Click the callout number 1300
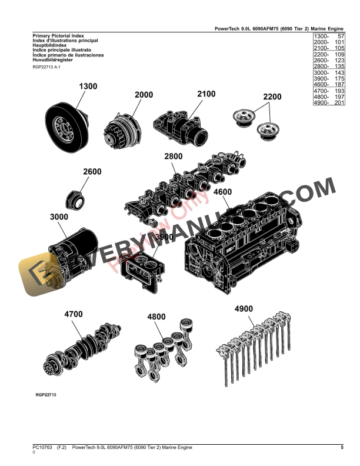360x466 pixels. [x=88, y=86]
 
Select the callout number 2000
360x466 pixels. [x=144, y=95]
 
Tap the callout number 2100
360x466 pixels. [x=206, y=94]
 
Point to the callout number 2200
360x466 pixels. [x=272, y=97]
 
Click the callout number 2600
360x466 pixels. [x=92, y=172]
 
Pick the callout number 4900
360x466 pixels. [x=244, y=309]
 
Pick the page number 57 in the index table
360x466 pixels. [x=339, y=36]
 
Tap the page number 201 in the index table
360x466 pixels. [x=339, y=102]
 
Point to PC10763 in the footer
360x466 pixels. [x=42, y=448]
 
